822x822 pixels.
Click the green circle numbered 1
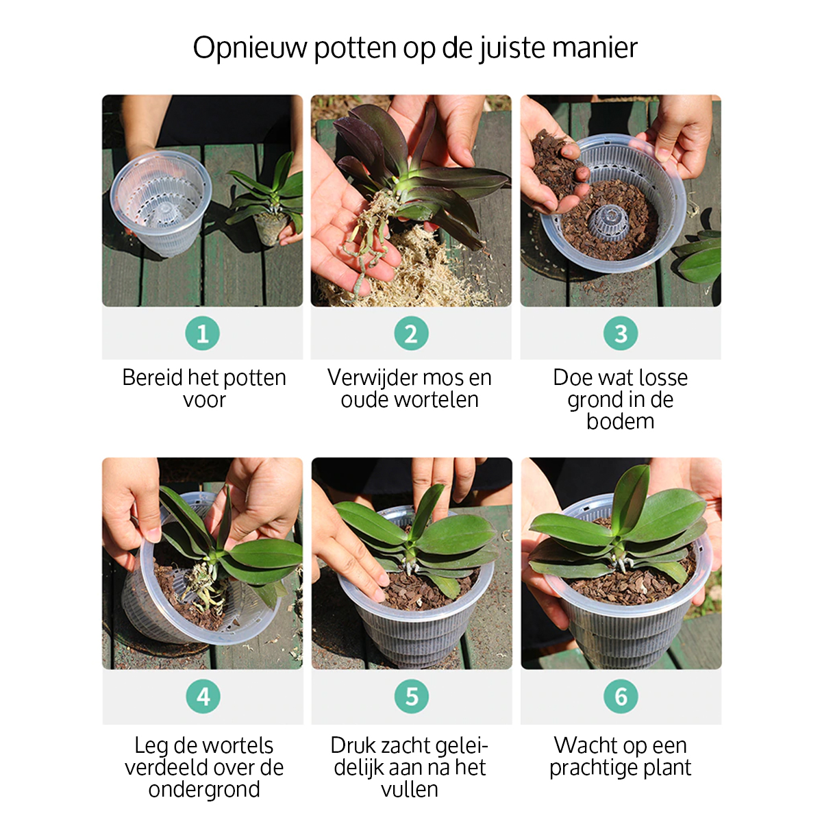(x=203, y=333)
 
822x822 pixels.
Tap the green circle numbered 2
(x=411, y=333)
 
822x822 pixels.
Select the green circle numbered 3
(x=621, y=333)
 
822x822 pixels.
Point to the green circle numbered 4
(x=203, y=696)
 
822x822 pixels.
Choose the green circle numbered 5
(x=412, y=696)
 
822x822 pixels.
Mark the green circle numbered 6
(x=621, y=696)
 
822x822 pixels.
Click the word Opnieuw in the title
(x=250, y=48)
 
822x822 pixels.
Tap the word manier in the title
(x=595, y=48)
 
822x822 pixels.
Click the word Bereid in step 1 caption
(x=152, y=377)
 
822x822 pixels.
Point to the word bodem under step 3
(x=620, y=421)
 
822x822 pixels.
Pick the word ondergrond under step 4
(x=204, y=789)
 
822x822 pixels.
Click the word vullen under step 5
(x=410, y=789)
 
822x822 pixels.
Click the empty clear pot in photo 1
(x=161, y=203)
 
